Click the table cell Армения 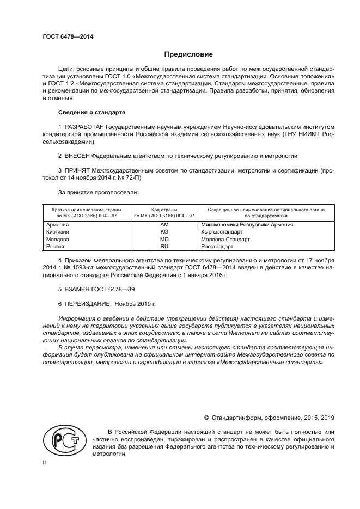click(x=57, y=224)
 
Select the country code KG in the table click(x=164, y=231)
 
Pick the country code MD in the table click(x=164, y=239)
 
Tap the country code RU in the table click(x=164, y=246)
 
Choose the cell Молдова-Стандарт click(x=225, y=239)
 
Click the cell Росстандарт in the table click(x=218, y=246)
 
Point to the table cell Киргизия click(x=58, y=231)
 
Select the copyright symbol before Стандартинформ click(x=207, y=418)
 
